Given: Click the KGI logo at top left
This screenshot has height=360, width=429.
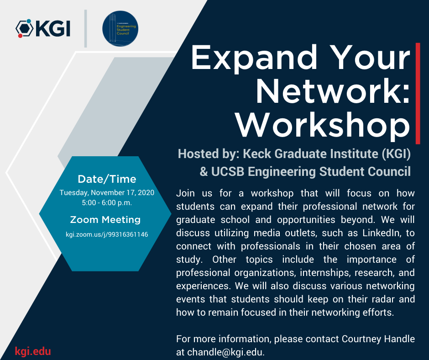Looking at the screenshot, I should tap(43, 28).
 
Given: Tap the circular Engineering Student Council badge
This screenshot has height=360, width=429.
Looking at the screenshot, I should tap(121, 29).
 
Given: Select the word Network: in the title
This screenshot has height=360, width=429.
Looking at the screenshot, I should tap(333, 91).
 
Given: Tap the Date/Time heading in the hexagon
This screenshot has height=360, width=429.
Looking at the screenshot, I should tap(107, 179).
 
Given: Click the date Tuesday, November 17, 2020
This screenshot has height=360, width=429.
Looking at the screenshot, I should tap(107, 193).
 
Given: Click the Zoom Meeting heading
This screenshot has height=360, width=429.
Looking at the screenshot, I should tap(105, 220).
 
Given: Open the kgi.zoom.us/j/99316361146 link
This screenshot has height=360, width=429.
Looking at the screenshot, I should tap(107, 234).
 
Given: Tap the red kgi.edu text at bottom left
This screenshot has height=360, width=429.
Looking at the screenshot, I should tap(33, 351).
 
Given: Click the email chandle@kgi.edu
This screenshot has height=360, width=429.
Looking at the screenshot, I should tap(225, 352).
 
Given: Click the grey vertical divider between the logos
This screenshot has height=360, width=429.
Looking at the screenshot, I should tap(85, 28).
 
